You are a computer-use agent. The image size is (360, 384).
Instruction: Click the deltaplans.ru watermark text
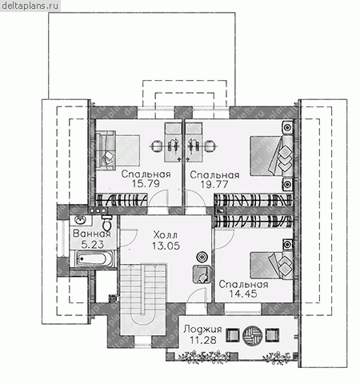pyautogui.click(x=30, y=6)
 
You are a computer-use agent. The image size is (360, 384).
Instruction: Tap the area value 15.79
pyautogui.click(x=146, y=183)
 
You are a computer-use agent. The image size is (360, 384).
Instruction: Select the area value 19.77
pyautogui.click(x=214, y=184)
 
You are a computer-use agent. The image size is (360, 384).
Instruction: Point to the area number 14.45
pyautogui.click(x=243, y=294)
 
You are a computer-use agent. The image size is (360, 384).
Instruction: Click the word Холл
pyautogui.click(x=166, y=235)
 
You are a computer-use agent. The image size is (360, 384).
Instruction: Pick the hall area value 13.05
pyautogui.click(x=166, y=246)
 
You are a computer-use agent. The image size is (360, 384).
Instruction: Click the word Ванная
pyautogui.click(x=92, y=234)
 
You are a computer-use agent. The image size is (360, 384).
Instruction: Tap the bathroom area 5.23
pyautogui.click(x=93, y=244)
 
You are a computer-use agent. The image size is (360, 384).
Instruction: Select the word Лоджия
pyautogui.click(x=202, y=330)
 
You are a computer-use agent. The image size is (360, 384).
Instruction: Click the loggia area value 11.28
pyautogui.click(x=203, y=340)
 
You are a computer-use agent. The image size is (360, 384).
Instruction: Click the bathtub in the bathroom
pyautogui.click(x=92, y=259)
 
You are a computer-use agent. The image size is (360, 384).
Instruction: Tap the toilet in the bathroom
pyautogui.click(x=107, y=223)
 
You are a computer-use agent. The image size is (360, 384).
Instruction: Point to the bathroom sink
pyautogui.click(x=80, y=220)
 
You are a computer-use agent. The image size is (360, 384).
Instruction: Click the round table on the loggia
pyautogui.click(x=253, y=335)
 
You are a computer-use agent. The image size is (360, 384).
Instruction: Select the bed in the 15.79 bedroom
pyautogui.click(x=118, y=150)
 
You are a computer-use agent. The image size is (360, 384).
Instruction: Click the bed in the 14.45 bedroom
pyautogui.click(x=272, y=265)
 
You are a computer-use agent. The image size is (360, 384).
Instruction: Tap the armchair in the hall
pyautogui.click(x=202, y=274)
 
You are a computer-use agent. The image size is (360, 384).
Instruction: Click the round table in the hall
pyautogui.click(x=202, y=257)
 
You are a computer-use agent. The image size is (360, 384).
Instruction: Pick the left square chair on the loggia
pyautogui.click(x=233, y=335)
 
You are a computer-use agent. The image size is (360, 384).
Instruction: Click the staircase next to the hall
pyautogui.click(x=144, y=298)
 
